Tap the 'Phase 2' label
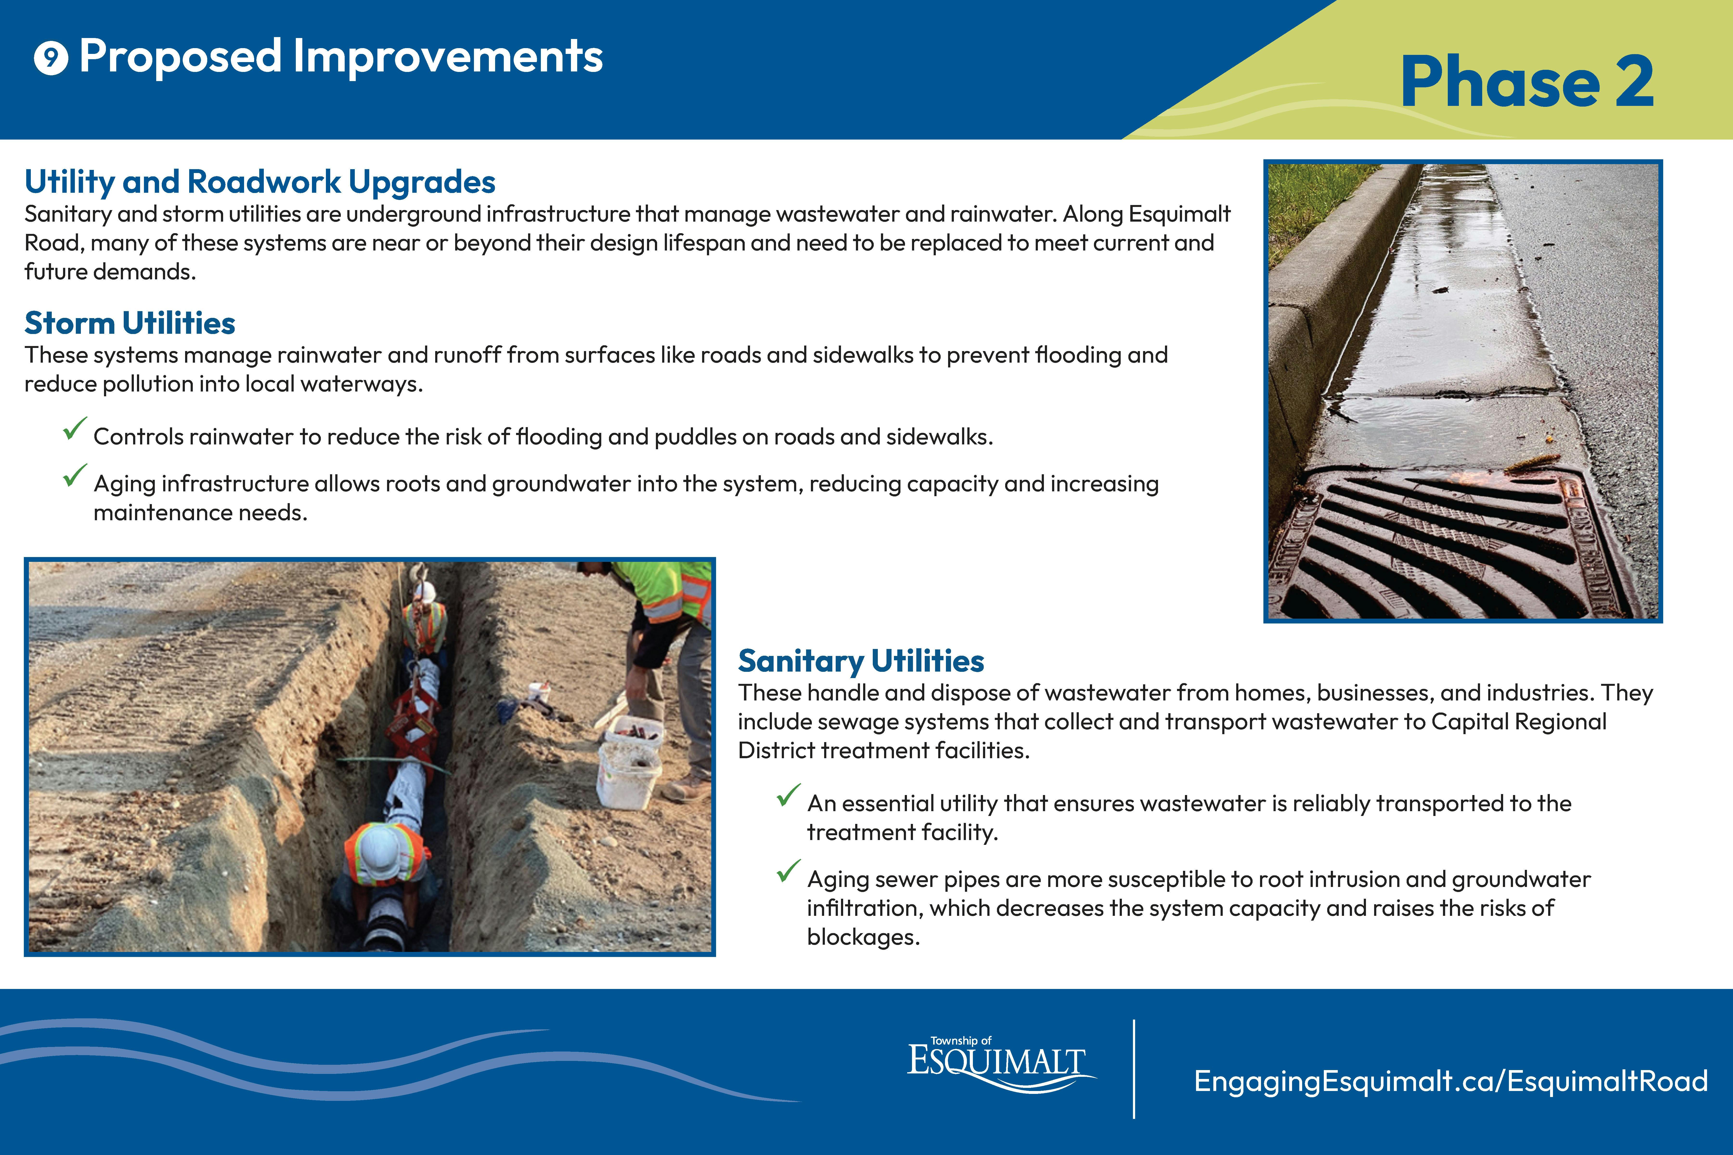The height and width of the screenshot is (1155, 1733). pyautogui.click(x=1527, y=83)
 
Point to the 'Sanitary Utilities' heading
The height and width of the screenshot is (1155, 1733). pyautogui.click(x=861, y=661)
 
